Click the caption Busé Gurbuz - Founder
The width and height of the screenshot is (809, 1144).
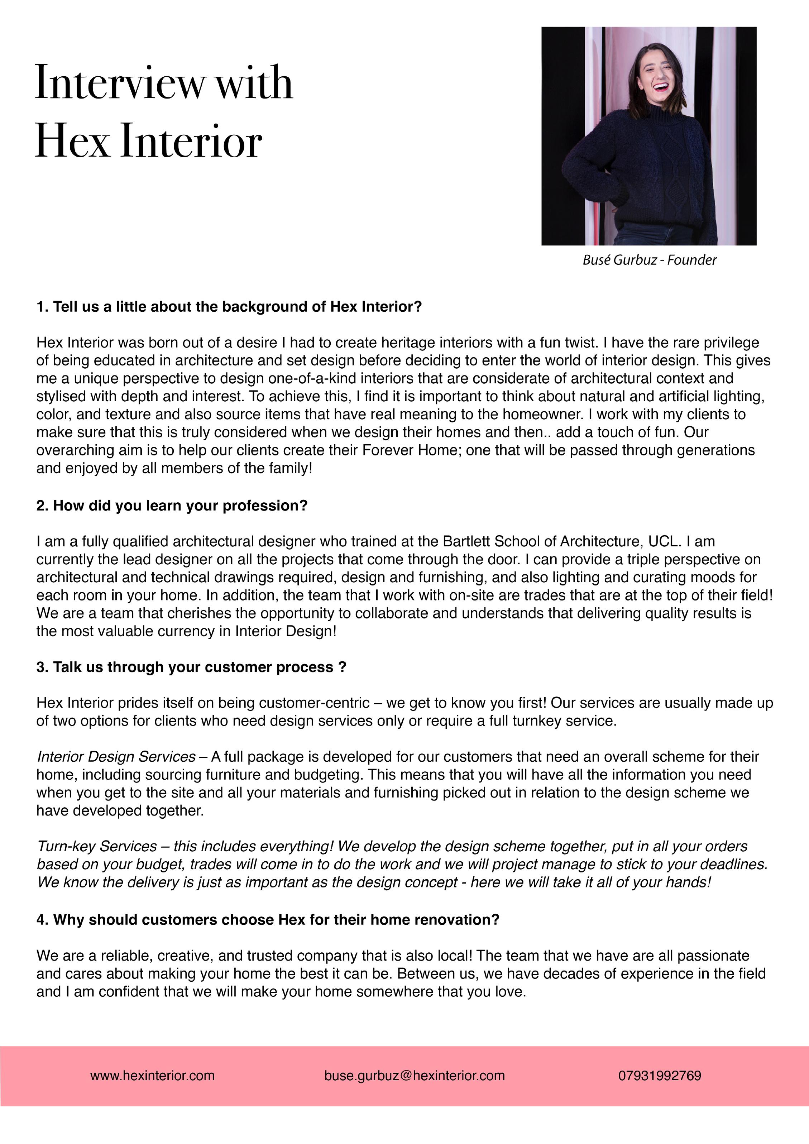[649, 260]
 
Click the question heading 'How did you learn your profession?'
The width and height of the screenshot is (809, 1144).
[172, 506]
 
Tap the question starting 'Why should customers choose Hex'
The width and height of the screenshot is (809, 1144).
[268, 920]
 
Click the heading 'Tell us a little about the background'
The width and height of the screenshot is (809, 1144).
[229, 307]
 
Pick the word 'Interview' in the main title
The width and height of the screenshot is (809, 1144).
[120, 83]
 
